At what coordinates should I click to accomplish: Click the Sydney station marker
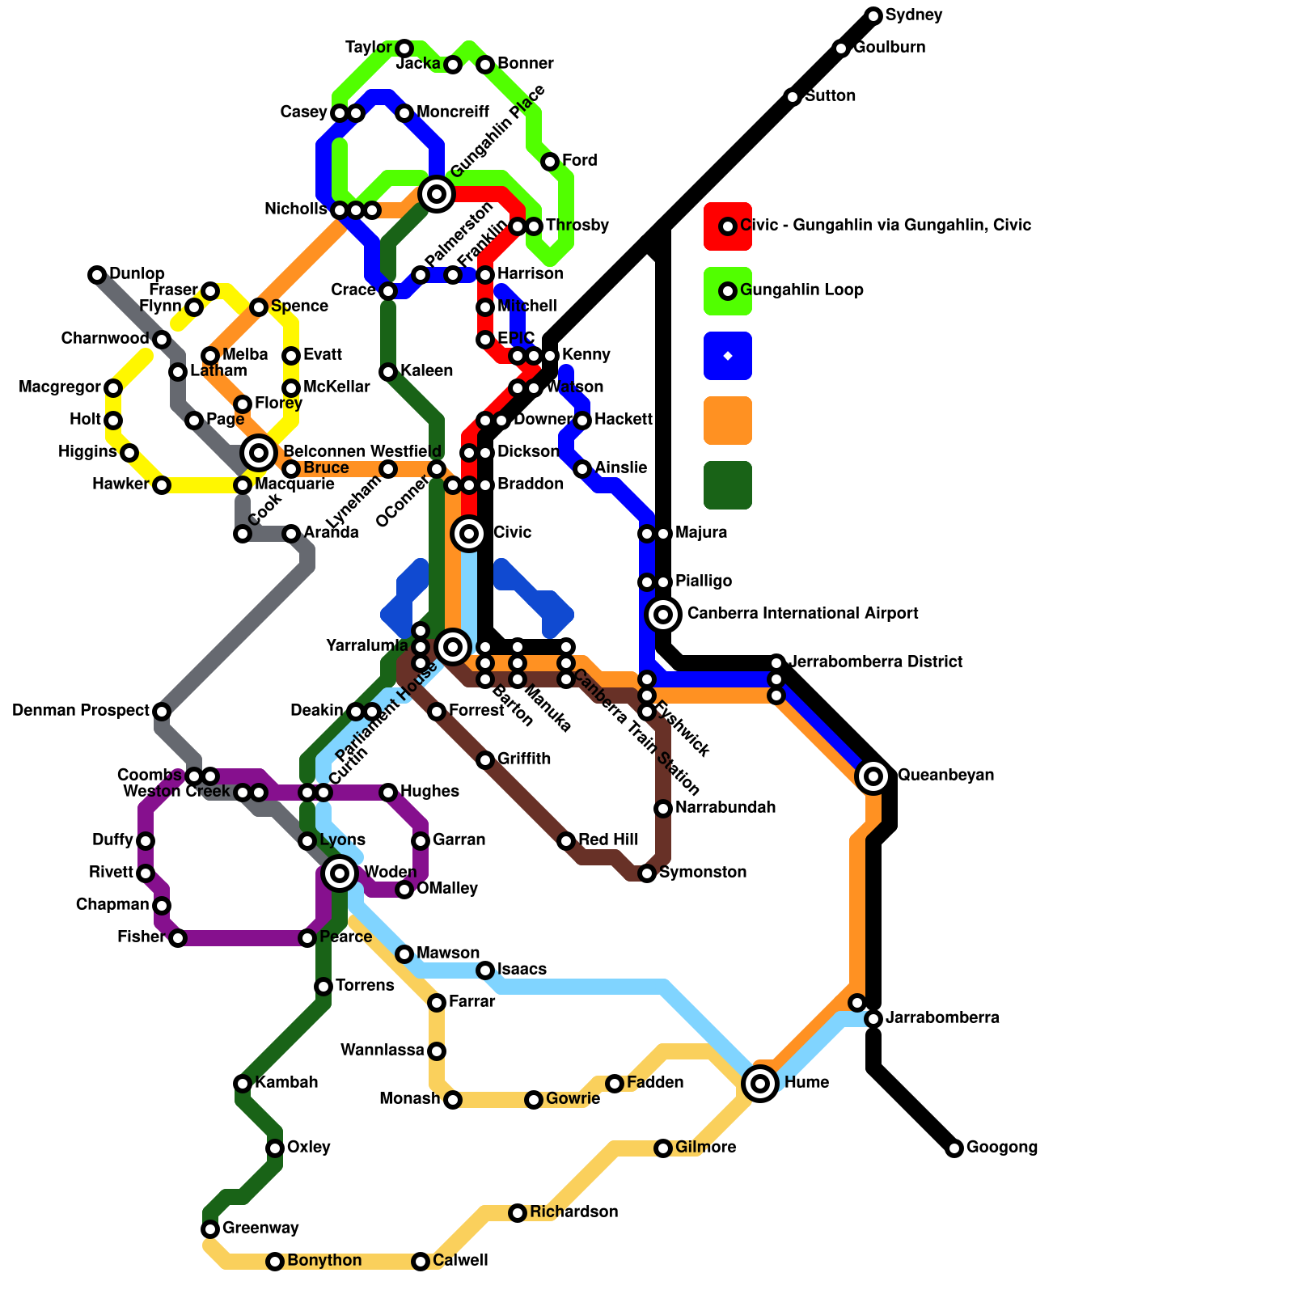pos(873,15)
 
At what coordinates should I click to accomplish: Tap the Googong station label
pos(1001,1148)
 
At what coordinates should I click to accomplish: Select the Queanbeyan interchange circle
pos(873,776)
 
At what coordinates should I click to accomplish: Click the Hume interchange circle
pos(760,1083)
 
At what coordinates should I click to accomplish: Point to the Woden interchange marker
pos(340,873)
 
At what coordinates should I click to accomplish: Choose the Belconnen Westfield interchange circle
pos(259,452)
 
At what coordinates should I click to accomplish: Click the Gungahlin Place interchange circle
pos(437,194)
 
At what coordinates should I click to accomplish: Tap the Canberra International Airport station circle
pos(663,615)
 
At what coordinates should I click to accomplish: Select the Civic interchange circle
pos(469,533)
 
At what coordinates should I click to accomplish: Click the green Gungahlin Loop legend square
pos(728,291)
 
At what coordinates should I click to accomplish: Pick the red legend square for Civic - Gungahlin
pos(728,226)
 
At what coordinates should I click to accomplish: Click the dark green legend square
pos(728,485)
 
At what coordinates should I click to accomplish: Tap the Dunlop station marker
pos(97,275)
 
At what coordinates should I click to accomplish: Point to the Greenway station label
pos(260,1228)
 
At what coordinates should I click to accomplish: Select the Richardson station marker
pos(518,1213)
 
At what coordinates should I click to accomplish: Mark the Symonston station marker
pos(647,873)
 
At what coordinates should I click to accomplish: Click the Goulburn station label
pos(889,48)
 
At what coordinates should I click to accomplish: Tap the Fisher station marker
pos(178,938)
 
